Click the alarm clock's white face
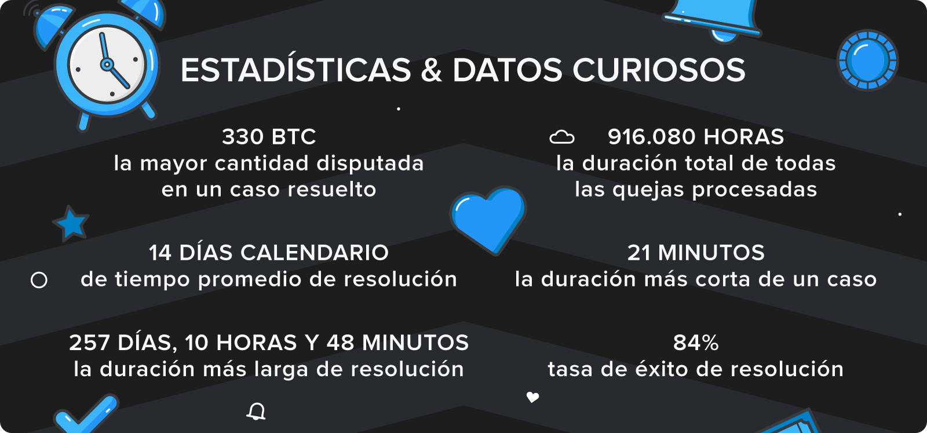108,65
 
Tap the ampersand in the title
432,70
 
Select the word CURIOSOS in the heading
659,70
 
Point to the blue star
71,223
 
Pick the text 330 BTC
269,137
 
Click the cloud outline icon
561,137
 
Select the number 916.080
652,137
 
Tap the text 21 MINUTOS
696,253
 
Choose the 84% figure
696,343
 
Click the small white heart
532,397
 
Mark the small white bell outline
256,412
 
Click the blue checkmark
86,414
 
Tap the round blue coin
867,60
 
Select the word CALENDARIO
315,253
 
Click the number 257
89,343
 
